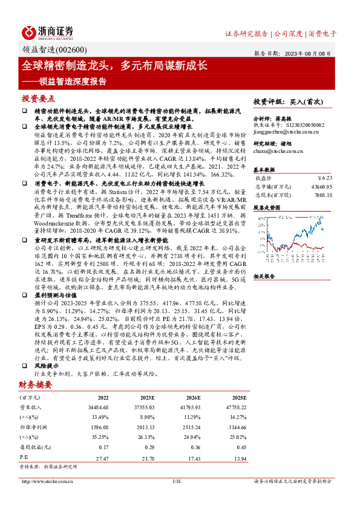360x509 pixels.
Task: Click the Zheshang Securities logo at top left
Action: coord(49,32)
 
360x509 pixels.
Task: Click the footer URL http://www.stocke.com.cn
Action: coord(48,481)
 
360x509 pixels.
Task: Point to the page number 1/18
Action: coord(177,481)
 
